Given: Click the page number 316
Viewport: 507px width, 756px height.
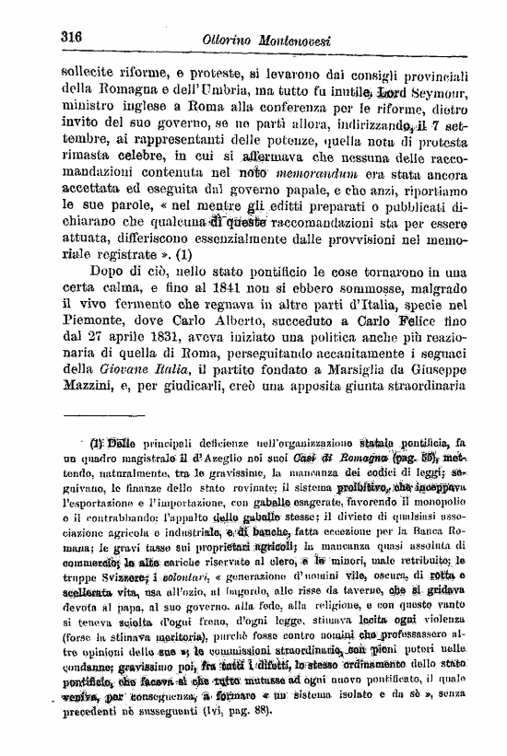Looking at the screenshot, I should pyautogui.click(x=72, y=37).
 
